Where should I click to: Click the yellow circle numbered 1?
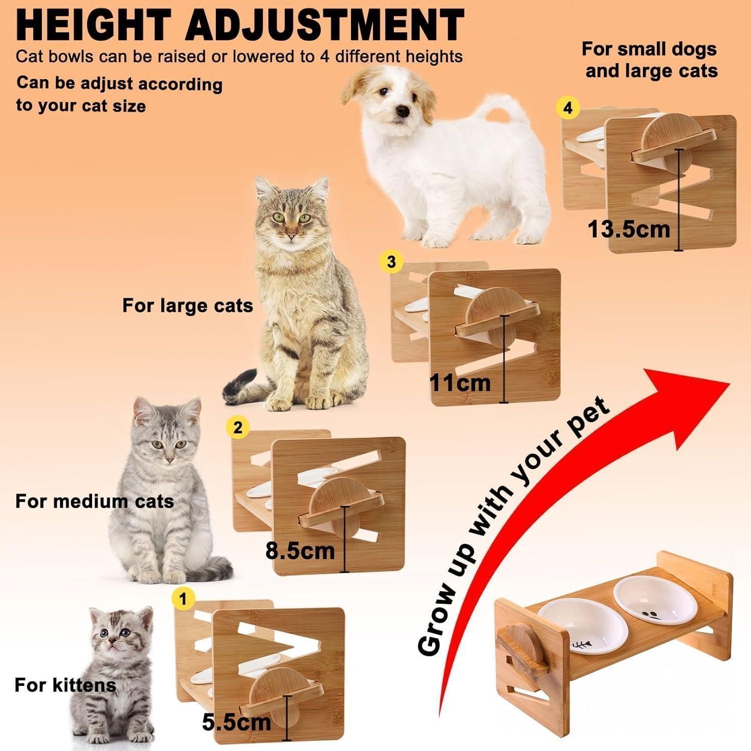tap(183, 599)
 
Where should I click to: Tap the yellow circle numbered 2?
tap(238, 427)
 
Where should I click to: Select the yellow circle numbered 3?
tap(392, 262)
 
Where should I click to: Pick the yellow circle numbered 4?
tap(568, 108)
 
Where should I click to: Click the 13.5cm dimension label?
tap(629, 230)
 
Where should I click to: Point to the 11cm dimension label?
tap(461, 383)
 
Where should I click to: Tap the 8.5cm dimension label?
tap(300, 551)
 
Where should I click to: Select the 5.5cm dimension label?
tap(236, 721)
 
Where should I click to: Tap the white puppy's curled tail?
tap(501, 113)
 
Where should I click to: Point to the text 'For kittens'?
tap(65, 684)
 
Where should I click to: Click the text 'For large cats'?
tap(188, 305)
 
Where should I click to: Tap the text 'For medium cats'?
tap(95, 501)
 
